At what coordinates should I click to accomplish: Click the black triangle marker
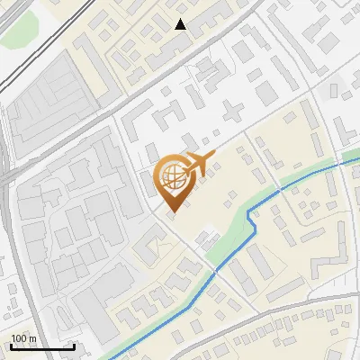click(181, 24)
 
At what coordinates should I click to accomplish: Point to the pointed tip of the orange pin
click(171, 211)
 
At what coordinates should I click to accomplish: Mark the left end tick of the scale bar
click(10, 346)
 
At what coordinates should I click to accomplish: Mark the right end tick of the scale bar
click(74, 346)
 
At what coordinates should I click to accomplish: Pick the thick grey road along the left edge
click(8, 225)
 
